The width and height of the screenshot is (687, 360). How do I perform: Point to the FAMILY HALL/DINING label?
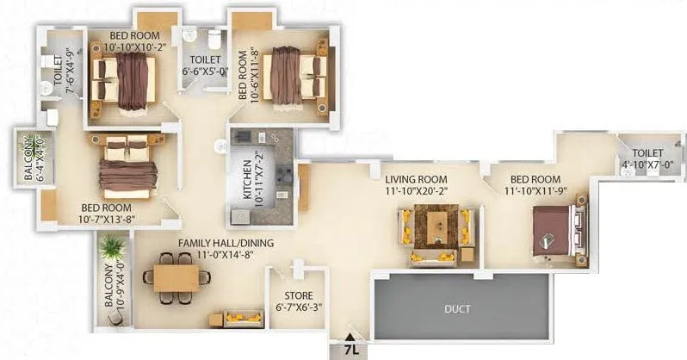(x=226, y=244)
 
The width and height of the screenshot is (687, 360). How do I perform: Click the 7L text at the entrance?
(x=350, y=350)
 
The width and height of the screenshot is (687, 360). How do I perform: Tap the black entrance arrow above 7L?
(x=350, y=337)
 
